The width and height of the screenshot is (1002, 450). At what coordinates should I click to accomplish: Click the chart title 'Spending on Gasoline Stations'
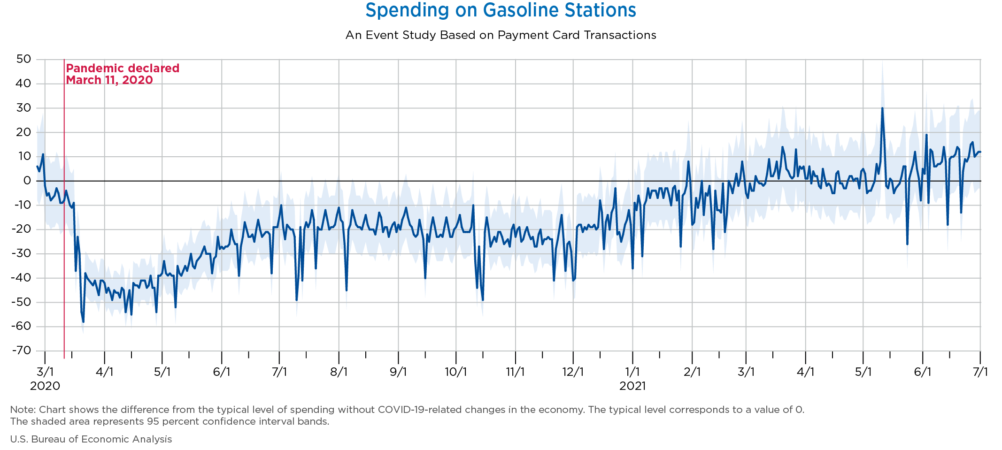(x=501, y=10)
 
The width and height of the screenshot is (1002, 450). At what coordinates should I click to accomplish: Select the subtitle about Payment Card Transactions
(x=501, y=35)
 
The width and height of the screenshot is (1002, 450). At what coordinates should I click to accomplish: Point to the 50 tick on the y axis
(x=23, y=59)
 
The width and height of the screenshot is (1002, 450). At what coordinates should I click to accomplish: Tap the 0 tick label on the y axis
(x=27, y=181)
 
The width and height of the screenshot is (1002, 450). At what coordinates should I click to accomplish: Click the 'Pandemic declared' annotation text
(x=123, y=69)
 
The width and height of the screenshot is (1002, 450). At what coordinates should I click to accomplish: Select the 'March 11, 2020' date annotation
(x=109, y=80)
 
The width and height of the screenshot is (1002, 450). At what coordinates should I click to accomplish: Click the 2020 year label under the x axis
(x=45, y=386)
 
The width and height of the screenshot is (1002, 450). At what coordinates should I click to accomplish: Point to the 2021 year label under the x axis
(x=632, y=386)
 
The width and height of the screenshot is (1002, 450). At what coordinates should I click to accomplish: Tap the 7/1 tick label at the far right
(x=980, y=372)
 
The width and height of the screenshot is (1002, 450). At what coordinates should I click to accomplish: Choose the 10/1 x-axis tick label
(x=456, y=372)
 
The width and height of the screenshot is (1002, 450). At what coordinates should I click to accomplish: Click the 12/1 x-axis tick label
(x=573, y=372)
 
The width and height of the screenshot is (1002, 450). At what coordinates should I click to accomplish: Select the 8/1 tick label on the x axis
(x=339, y=372)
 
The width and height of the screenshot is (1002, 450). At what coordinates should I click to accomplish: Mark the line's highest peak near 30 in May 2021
(x=882, y=108)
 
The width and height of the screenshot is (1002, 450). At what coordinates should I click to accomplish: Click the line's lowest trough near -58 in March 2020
(x=83, y=322)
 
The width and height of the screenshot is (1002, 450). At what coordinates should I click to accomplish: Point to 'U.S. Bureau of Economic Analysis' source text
(x=91, y=439)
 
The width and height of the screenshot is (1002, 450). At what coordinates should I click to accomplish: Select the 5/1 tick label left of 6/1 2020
(x=162, y=372)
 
